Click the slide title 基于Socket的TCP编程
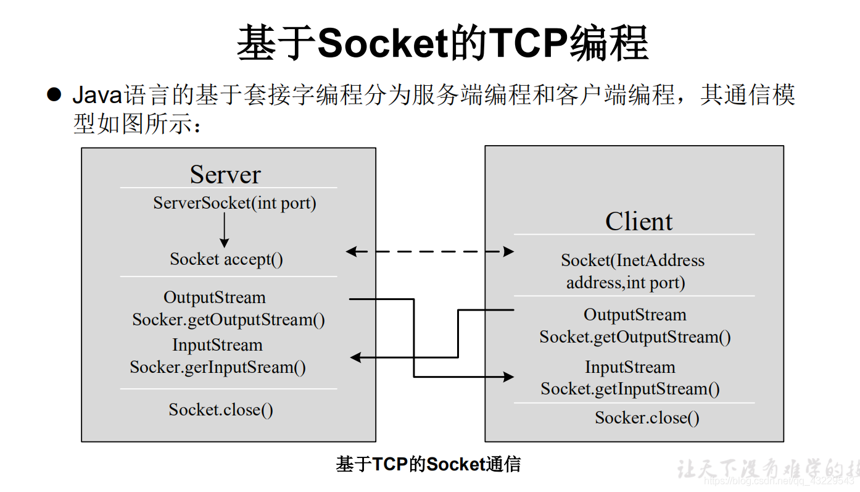[442, 43]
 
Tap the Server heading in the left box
[225, 175]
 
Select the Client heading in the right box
[639, 222]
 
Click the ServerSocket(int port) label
[234, 203]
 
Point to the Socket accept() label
[226, 259]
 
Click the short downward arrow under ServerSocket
[224, 231]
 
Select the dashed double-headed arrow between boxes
[430, 251]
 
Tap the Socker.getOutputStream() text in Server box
[228, 320]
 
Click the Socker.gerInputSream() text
[218, 367]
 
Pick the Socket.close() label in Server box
[221, 409]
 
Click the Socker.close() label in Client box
[647, 418]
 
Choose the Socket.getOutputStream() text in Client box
[635, 337]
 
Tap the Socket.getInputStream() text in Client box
[630, 389]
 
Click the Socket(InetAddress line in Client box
[632, 261]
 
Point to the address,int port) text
[626, 283]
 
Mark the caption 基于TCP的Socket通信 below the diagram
[428, 464]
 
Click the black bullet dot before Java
[55, 94]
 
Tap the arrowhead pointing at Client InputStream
[508, 377]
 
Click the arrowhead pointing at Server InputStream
[355, 357]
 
